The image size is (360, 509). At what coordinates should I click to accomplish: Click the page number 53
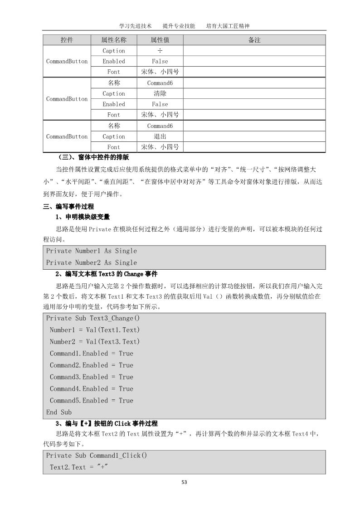[184, 482]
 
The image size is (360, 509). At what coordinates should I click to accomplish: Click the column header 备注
[254, 40]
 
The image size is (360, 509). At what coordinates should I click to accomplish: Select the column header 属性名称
[114, 40]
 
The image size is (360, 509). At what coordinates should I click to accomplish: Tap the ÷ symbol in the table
[160, 51]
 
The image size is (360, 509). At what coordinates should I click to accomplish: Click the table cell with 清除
[160, 93]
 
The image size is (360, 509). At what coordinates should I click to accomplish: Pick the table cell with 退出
[160, 136]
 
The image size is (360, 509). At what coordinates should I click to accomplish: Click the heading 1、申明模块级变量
[83, 217]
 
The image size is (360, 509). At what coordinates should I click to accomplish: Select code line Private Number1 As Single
[91, 251]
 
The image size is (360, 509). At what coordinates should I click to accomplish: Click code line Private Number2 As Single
[91, 262]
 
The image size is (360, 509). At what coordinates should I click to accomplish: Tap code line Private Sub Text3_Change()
[93, 318]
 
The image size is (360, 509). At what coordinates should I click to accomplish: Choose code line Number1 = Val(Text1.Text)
[95, 330]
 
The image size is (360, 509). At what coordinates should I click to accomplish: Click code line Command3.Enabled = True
[92, 377]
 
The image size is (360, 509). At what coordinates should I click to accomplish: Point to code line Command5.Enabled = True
[92, 401]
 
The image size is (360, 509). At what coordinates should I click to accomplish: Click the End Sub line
[59, 412]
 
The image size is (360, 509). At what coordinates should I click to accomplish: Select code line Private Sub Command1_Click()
[97, 456]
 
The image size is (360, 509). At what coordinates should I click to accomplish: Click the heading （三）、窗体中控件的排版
[94, 157]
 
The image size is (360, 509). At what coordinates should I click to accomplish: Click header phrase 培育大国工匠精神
[228, 26]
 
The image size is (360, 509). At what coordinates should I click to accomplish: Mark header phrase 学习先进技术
[135, 26]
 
